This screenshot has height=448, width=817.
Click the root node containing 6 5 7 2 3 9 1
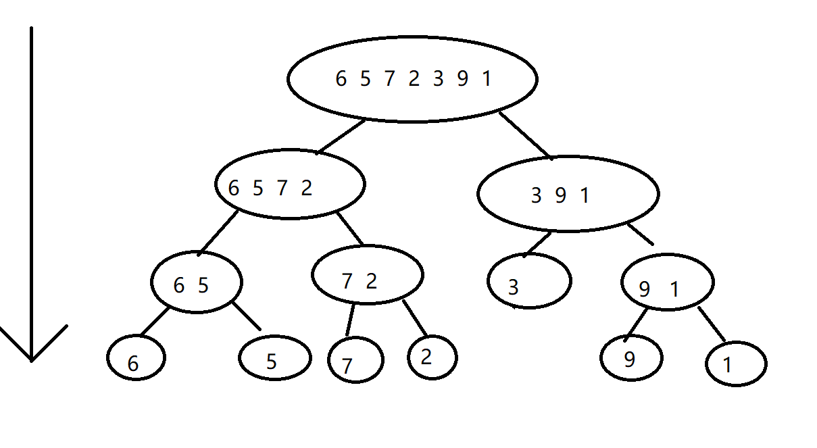point(412,79)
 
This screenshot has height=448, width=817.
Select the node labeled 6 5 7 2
point(290,184)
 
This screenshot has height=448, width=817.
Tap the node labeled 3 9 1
point(568,194)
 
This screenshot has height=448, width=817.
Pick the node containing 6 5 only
point(196,282)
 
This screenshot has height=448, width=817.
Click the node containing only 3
point(529,280)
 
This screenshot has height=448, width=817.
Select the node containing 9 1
point(667,282)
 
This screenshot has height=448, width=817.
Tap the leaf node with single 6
point(136,358)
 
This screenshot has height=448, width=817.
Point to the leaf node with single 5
point(274,358)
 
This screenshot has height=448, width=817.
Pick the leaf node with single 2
point(432,357)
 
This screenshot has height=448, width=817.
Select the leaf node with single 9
point(632,357)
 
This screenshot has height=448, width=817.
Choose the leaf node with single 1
point(735,365)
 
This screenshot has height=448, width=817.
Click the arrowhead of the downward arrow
point(31,348)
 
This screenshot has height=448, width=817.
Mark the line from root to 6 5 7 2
point(341,136)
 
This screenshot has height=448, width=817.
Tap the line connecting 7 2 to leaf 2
point(415,318)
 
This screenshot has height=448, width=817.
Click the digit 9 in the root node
point(462,79)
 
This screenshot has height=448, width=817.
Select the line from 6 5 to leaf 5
point(247,316)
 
